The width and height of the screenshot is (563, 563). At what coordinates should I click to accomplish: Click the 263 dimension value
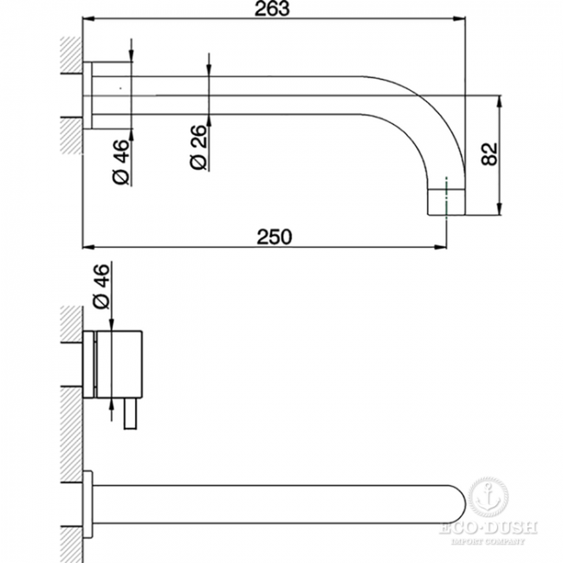pyautogui.click(x=272, y=9)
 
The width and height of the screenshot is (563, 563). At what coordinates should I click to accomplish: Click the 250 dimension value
pyautogui.click(x=275, y=237)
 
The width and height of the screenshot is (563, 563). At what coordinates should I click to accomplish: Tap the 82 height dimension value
pyautogui.click(x=489, y=154)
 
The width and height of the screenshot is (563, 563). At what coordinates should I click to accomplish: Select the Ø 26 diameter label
pyautogui.click(x=199, y=147)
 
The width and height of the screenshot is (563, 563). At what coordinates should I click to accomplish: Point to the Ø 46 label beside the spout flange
pyautogui.click(x=120, y=162)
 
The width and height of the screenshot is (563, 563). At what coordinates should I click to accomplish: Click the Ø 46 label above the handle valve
pyautogui.click(x=100, y=286)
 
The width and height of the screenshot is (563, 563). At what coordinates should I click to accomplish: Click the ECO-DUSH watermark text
pyautogui.click(x=488, y=527)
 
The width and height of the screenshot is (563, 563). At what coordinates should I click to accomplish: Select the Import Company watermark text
pyautogui.click(x=488, y=540)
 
